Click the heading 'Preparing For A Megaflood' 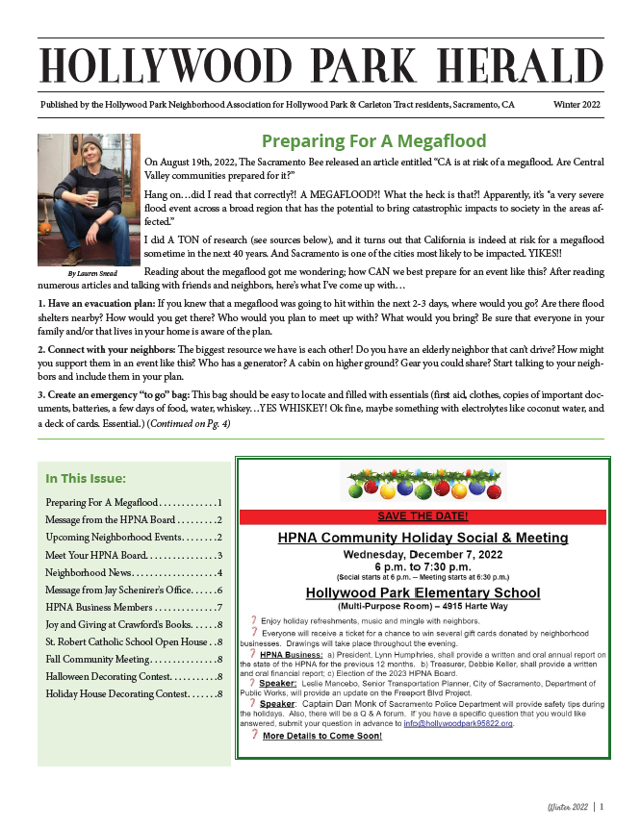pyautogui.click(x=373, y=141)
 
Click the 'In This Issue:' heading pyautogui.click(x=85, y=478)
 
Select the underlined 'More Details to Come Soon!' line pyautogui.click(x=322, y=736)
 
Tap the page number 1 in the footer pyautogui.click(x=602, y=807)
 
